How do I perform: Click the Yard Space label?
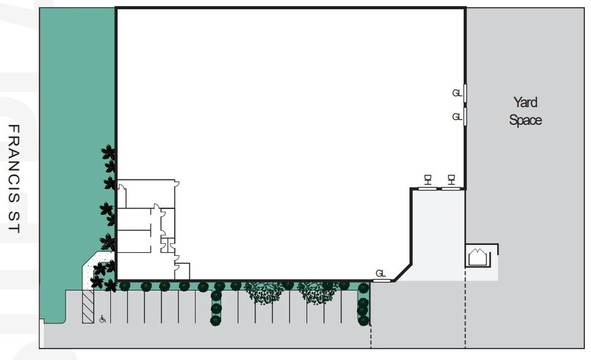[x=525, y=111]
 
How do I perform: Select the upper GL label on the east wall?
[x=457, y=93]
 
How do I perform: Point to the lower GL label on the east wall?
[x=457, y=116]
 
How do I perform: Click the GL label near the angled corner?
[x=380, y=273]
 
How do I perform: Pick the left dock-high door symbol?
[x=428, y=179]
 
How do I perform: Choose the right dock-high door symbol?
[x=451, y=179]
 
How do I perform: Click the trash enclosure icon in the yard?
[x=478, y=257]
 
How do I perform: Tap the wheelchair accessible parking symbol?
[x=103, y=318]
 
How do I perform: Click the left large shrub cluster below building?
[x=265, y=292]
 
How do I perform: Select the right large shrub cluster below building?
[x=317, y=292]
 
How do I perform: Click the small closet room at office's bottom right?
[x=183, y=271]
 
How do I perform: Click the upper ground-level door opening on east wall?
[x=465, y=93]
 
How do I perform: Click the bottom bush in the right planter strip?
[x=363, y=320]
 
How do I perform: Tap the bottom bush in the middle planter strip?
[x=216, y=320]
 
